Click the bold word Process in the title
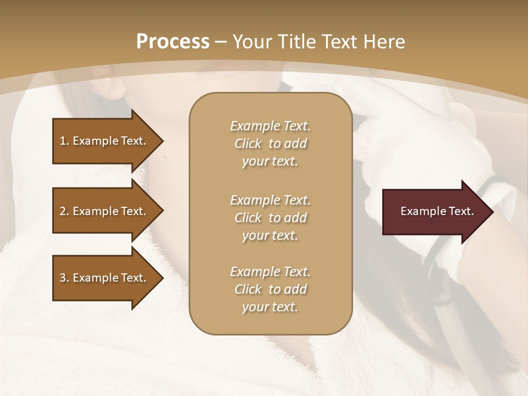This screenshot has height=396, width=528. click(173, 42)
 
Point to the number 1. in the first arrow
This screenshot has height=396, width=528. click(64, 141)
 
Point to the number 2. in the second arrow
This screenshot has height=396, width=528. click(64, 211)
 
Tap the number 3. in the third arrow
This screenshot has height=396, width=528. click(64, 278)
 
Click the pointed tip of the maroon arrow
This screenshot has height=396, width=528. click(491, 212)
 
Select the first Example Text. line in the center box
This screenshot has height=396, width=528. click(270, 126)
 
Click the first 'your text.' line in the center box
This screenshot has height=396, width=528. click(270, 162)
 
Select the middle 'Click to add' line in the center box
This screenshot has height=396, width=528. click(270, 218)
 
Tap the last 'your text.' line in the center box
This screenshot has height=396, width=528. click(270, 307)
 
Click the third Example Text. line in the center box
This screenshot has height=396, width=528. click(270, 272)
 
